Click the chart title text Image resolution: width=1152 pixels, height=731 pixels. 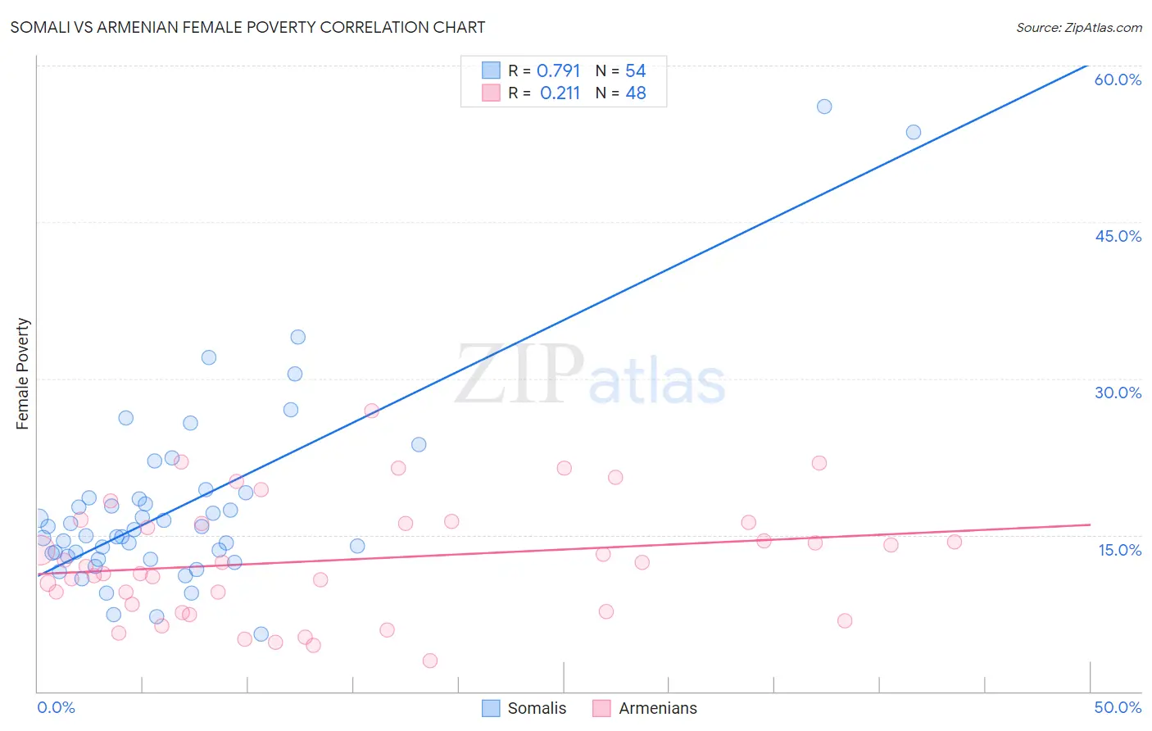click(247, 27)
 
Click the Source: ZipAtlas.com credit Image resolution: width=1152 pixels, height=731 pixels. click(1078, 27)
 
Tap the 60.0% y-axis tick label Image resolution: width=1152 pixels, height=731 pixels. click(1118, 79)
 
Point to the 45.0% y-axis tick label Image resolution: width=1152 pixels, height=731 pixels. click(1118, 236)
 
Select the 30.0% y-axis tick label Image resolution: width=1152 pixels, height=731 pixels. click(1118, 393)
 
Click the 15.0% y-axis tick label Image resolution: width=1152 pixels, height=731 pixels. click(1119, 550)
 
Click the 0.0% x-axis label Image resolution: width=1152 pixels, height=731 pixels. click(56, 707)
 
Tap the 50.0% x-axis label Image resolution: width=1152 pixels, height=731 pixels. click(1118, 707)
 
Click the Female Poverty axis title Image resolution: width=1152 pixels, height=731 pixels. click(23, 374)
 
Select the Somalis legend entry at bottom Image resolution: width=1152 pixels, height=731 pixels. click(524, 708)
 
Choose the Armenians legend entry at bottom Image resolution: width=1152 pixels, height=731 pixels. click(645, 708)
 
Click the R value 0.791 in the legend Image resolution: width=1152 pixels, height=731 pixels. click(558, 71)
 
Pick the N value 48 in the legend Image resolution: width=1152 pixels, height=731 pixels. click(636, 93)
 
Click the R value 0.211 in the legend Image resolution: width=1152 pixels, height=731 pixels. click(560, 93)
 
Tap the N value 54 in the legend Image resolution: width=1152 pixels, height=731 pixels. click(636, 71)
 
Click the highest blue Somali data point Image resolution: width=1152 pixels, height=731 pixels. click(824, 107)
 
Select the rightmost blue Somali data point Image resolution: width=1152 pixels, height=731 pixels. click(914, 132)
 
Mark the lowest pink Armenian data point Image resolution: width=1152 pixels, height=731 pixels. click(430, 661)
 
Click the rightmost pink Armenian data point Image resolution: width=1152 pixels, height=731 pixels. click(955, 542)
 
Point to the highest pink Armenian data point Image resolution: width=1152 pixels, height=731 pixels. click(371, 411)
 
